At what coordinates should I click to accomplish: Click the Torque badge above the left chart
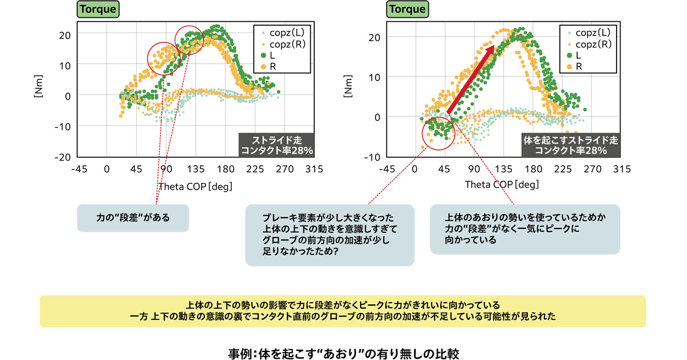(97, 9)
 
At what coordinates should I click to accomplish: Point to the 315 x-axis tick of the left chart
(314, 169)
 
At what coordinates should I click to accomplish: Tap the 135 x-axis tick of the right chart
(503, 169)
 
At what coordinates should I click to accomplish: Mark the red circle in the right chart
(438, 133)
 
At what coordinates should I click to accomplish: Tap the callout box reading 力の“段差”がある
(133, 218)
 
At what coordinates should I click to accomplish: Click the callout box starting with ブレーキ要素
(329, 235)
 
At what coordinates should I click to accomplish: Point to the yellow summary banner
(343, 311)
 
